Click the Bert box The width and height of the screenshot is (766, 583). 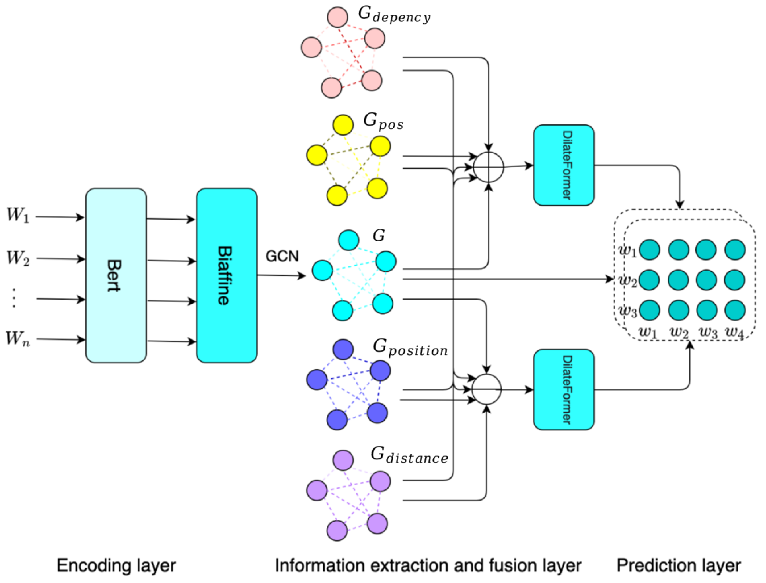pyautogui.click(x=116, y=276)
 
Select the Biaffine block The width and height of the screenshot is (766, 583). pyautogui.click(x=227, y=276)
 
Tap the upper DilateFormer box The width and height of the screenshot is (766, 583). pyautogui.click(x=564, y=165)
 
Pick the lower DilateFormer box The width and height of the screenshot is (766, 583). pyautogui.click(x=564, y=390)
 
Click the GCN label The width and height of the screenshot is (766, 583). pyautogui.click(x=282, y=256)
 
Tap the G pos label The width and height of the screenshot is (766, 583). pyautogui.click(x=383, y=121)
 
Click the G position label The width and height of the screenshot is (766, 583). pyautogui.click(x=410, y=348)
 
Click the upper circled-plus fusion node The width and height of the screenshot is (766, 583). pyautogui.click(x=488, y=167)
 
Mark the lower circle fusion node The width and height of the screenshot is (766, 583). pyautogui.click(x=487, y=389)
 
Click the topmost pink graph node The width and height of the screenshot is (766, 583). pyautogui.click(x=337, y=17)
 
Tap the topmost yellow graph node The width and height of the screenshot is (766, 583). pyautogui.click(x=343, y=124)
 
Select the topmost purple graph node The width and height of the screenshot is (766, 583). pyautogui.click(x=343, y=460)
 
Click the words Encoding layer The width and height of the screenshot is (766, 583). pyautogui.click(x=116, y=566)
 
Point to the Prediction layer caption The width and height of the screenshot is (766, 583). pyautogui.click(x=678, y=566)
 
